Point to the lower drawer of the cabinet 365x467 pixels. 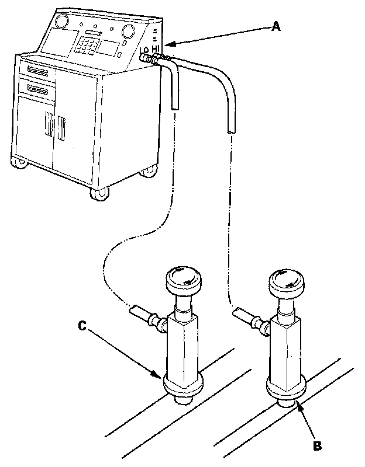coord(36,89)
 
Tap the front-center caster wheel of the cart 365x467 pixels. coord(100,193)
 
